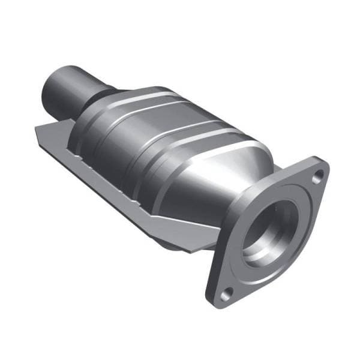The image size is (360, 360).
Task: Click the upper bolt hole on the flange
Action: coord(318,175)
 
